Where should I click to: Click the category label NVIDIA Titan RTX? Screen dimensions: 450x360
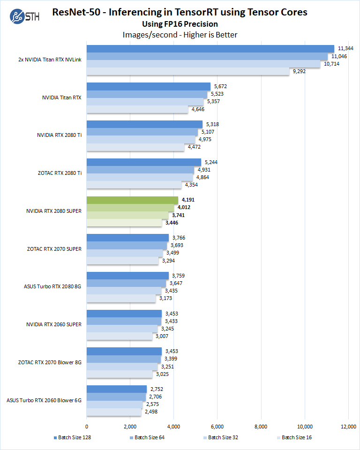pyautogui.click(x=62, y=97)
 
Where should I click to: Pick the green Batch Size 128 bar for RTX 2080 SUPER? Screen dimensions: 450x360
pyautogui.click(x=132, y=200)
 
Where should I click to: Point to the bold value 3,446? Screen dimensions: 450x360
pyautogui.click(x=172, y=222)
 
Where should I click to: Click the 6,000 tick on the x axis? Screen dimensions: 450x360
pyautogui.click(x=217, y=427)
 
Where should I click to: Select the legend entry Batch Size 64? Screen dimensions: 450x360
pyautogui.click(x=149, y=437)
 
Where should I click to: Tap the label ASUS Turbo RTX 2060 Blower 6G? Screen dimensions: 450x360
pyautogui.click(x=44, y=400)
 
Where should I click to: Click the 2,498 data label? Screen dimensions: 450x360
pyautogui.click(x=151, y=412)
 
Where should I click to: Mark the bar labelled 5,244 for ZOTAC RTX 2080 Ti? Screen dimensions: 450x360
pyautogui.click(x=143, y=162)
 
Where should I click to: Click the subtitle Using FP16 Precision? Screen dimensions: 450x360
pyautogui.click(x=180, y=24)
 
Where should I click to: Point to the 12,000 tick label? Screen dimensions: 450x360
pyautogui.click(x=348, y=427)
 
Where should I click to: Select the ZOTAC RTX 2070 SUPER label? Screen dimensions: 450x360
pyautogui.click(x=54, y=249)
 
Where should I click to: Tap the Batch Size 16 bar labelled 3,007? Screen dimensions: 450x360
pyautogui.click(x=120, y=336)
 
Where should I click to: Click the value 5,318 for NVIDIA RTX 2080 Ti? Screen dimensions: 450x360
pyautogui.click(x=212, y=124)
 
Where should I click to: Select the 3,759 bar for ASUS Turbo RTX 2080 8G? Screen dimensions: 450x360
pyautogui.click(x=127, y=276)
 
